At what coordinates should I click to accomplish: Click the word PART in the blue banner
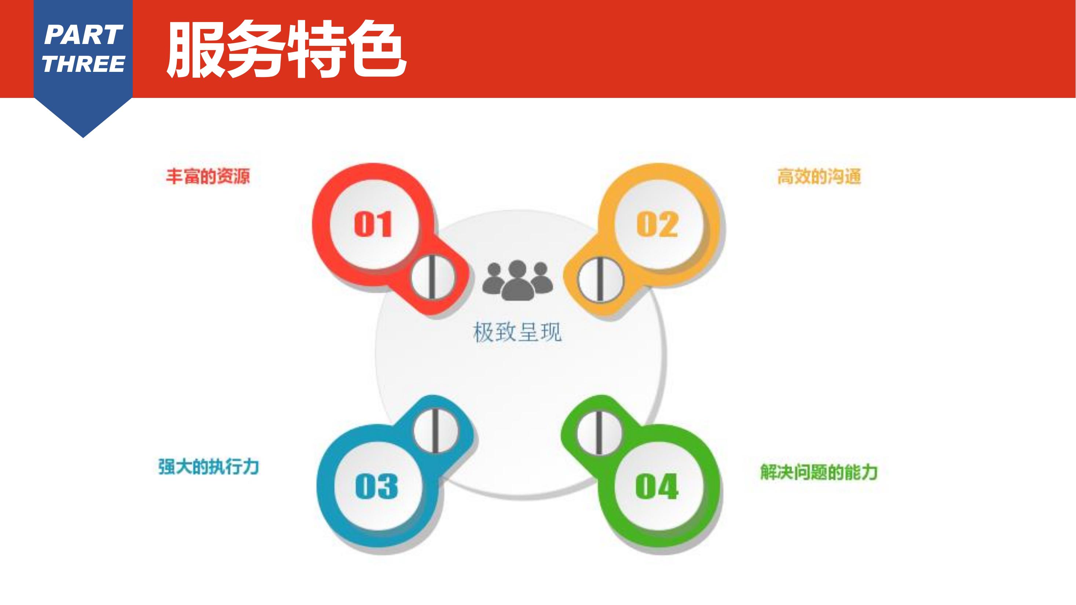(x=83, y=35)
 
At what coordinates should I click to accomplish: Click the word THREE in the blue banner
(x=84, y=64)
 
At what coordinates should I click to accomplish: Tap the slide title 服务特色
(x=286, y=49)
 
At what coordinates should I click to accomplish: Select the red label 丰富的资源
(x=208, y=176)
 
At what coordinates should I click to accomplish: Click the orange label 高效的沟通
(x=819, y=177)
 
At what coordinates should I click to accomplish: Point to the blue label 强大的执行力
(x=208, y=467)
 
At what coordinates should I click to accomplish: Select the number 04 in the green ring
(x=656, y=487)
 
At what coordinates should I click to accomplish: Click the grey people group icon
(x=517, y=280)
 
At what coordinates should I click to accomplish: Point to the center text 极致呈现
(x=517, y=332)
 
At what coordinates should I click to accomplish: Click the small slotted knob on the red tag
(x=433, y=277)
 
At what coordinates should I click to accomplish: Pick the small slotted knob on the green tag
(x=599, y=432)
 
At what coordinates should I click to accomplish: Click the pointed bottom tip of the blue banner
(x=83, y=137)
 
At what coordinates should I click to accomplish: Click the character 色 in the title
(x=378, y=49)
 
